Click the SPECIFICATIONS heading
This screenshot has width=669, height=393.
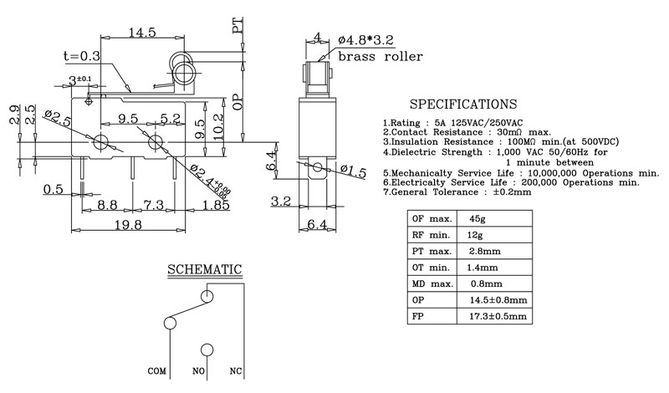pos(463,105)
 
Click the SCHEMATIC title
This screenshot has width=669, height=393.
pos(204,270)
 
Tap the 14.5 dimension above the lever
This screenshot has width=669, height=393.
pos(142,33)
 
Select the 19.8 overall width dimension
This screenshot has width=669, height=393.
pos(128,224)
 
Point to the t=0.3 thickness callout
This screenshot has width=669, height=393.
pos(81,56)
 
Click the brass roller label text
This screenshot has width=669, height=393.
pos(380,56)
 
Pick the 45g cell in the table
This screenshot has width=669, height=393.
pos(477,219)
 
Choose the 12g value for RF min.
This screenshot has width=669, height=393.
pos(475,235)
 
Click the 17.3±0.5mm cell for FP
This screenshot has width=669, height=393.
pos(498,316)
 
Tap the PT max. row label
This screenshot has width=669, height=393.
pos(432,252)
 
